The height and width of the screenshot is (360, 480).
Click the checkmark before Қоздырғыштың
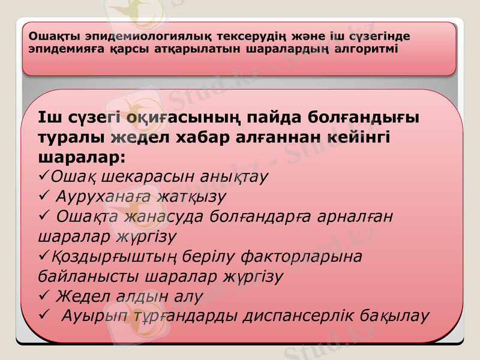42,256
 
